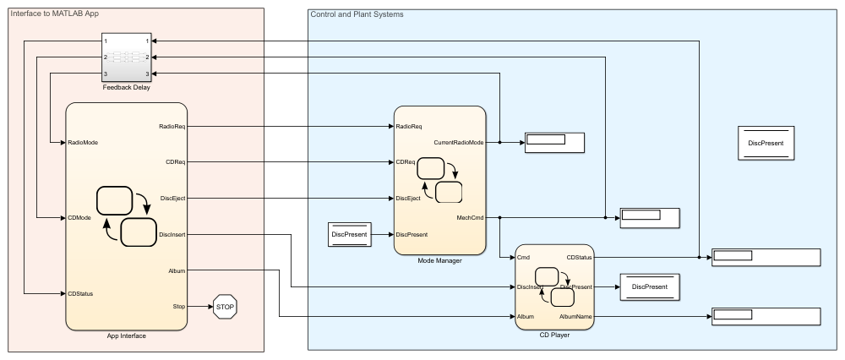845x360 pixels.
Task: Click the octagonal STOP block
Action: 225,307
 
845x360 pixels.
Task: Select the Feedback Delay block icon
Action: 126,57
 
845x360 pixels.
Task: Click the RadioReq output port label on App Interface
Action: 172,127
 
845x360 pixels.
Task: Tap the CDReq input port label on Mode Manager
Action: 406,161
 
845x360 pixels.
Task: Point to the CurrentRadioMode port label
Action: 459,143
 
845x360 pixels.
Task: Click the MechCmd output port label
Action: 471,217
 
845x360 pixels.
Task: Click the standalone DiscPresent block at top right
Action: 766,143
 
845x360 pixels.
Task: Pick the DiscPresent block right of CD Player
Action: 650,287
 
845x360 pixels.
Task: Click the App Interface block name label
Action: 126,335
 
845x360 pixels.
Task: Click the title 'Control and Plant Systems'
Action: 357,14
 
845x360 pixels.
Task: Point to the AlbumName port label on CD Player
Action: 575,316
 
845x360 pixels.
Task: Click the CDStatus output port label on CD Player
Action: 580,257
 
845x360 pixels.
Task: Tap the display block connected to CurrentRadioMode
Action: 553,141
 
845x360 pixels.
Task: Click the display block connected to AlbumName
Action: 766,317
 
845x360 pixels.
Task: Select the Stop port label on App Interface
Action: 179,307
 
